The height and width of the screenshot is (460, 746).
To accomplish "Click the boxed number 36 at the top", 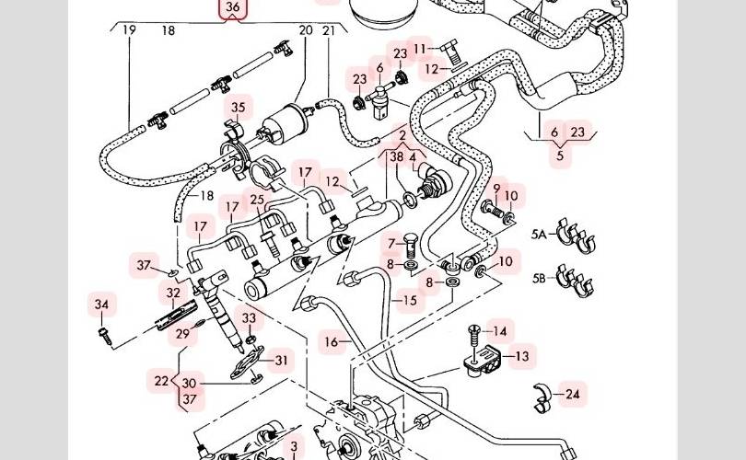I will (233, 9).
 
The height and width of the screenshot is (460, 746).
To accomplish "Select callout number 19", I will (129, 30).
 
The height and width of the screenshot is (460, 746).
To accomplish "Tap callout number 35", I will (239, 108).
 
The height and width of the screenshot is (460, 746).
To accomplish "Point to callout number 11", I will (421, 48).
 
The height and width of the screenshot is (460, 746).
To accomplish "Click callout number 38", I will (396, 157).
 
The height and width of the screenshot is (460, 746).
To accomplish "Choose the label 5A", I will (539, 236).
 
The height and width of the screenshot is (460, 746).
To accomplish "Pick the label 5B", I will (539, 277).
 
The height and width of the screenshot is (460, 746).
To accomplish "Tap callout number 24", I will (573, 395).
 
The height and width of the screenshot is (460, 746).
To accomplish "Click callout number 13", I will (521, 356).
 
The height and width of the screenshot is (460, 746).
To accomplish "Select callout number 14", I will (500, 331).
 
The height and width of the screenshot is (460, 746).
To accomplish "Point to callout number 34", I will (101, 305).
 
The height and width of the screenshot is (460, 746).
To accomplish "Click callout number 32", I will (173, 293).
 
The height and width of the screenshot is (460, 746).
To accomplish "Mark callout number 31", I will (281, 361).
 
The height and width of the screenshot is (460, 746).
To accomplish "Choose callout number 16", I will (332, 342).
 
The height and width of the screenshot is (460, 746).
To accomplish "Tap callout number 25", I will (257, 200).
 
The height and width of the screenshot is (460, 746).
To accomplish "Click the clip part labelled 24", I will (544, 396).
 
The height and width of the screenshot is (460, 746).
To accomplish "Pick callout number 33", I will (249, 318).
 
